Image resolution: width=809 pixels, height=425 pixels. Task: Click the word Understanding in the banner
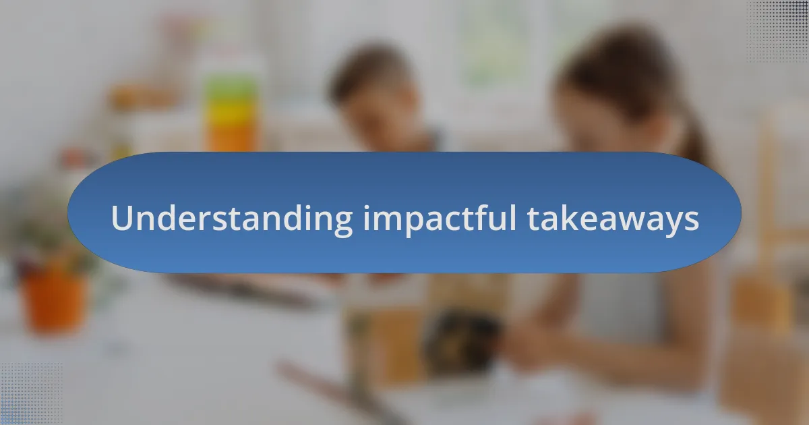pyautogui.click(x=231, y=219)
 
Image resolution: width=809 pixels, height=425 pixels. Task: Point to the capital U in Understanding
pyautogui.click(x=121, y=218)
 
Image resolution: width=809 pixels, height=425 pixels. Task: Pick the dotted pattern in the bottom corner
pyautogui.click(x=30, y=395)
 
